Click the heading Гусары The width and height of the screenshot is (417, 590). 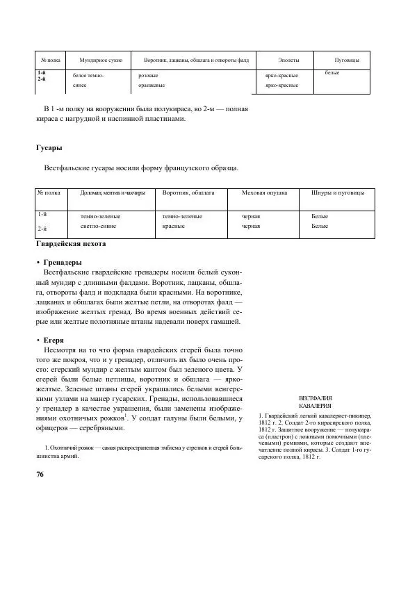click(x=49, y=148)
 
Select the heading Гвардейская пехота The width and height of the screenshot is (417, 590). click(x=70, y=244)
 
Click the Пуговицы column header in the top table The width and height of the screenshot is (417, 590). click(x=346, y=61)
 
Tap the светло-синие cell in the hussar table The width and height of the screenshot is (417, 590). click(x=100, y=227)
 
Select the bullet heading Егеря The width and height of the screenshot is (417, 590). click(x=58, y=341)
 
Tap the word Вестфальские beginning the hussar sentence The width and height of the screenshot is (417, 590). click(x=68, y=168)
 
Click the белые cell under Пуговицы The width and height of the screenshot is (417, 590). click(x=332, y=73)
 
